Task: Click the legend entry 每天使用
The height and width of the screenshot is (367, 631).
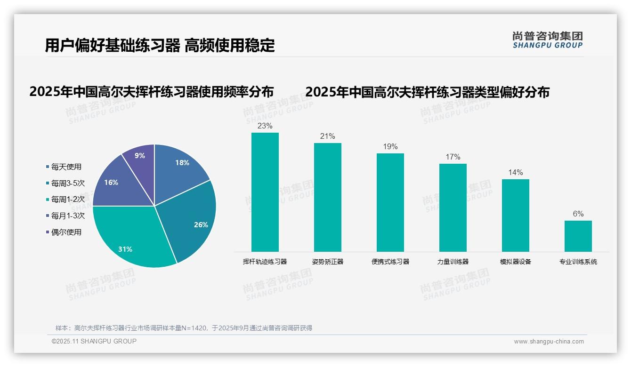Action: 66,167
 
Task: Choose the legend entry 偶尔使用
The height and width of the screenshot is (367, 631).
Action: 66,232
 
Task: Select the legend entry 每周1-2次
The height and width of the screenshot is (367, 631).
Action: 68,199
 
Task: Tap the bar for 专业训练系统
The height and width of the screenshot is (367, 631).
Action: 578,236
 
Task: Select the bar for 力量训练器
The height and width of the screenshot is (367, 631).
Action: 453,207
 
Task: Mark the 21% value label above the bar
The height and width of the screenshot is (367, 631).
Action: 327,136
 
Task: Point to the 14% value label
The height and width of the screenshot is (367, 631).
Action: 515,173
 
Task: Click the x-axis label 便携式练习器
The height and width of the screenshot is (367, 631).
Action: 390,262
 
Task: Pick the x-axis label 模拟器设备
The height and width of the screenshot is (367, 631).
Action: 515,262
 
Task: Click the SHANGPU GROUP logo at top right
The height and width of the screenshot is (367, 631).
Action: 547,40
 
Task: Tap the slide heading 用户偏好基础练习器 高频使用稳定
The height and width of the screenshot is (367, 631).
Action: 160,46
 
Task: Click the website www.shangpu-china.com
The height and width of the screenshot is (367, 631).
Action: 549,342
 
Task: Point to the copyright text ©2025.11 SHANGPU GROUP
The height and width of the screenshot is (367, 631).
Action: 94,341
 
